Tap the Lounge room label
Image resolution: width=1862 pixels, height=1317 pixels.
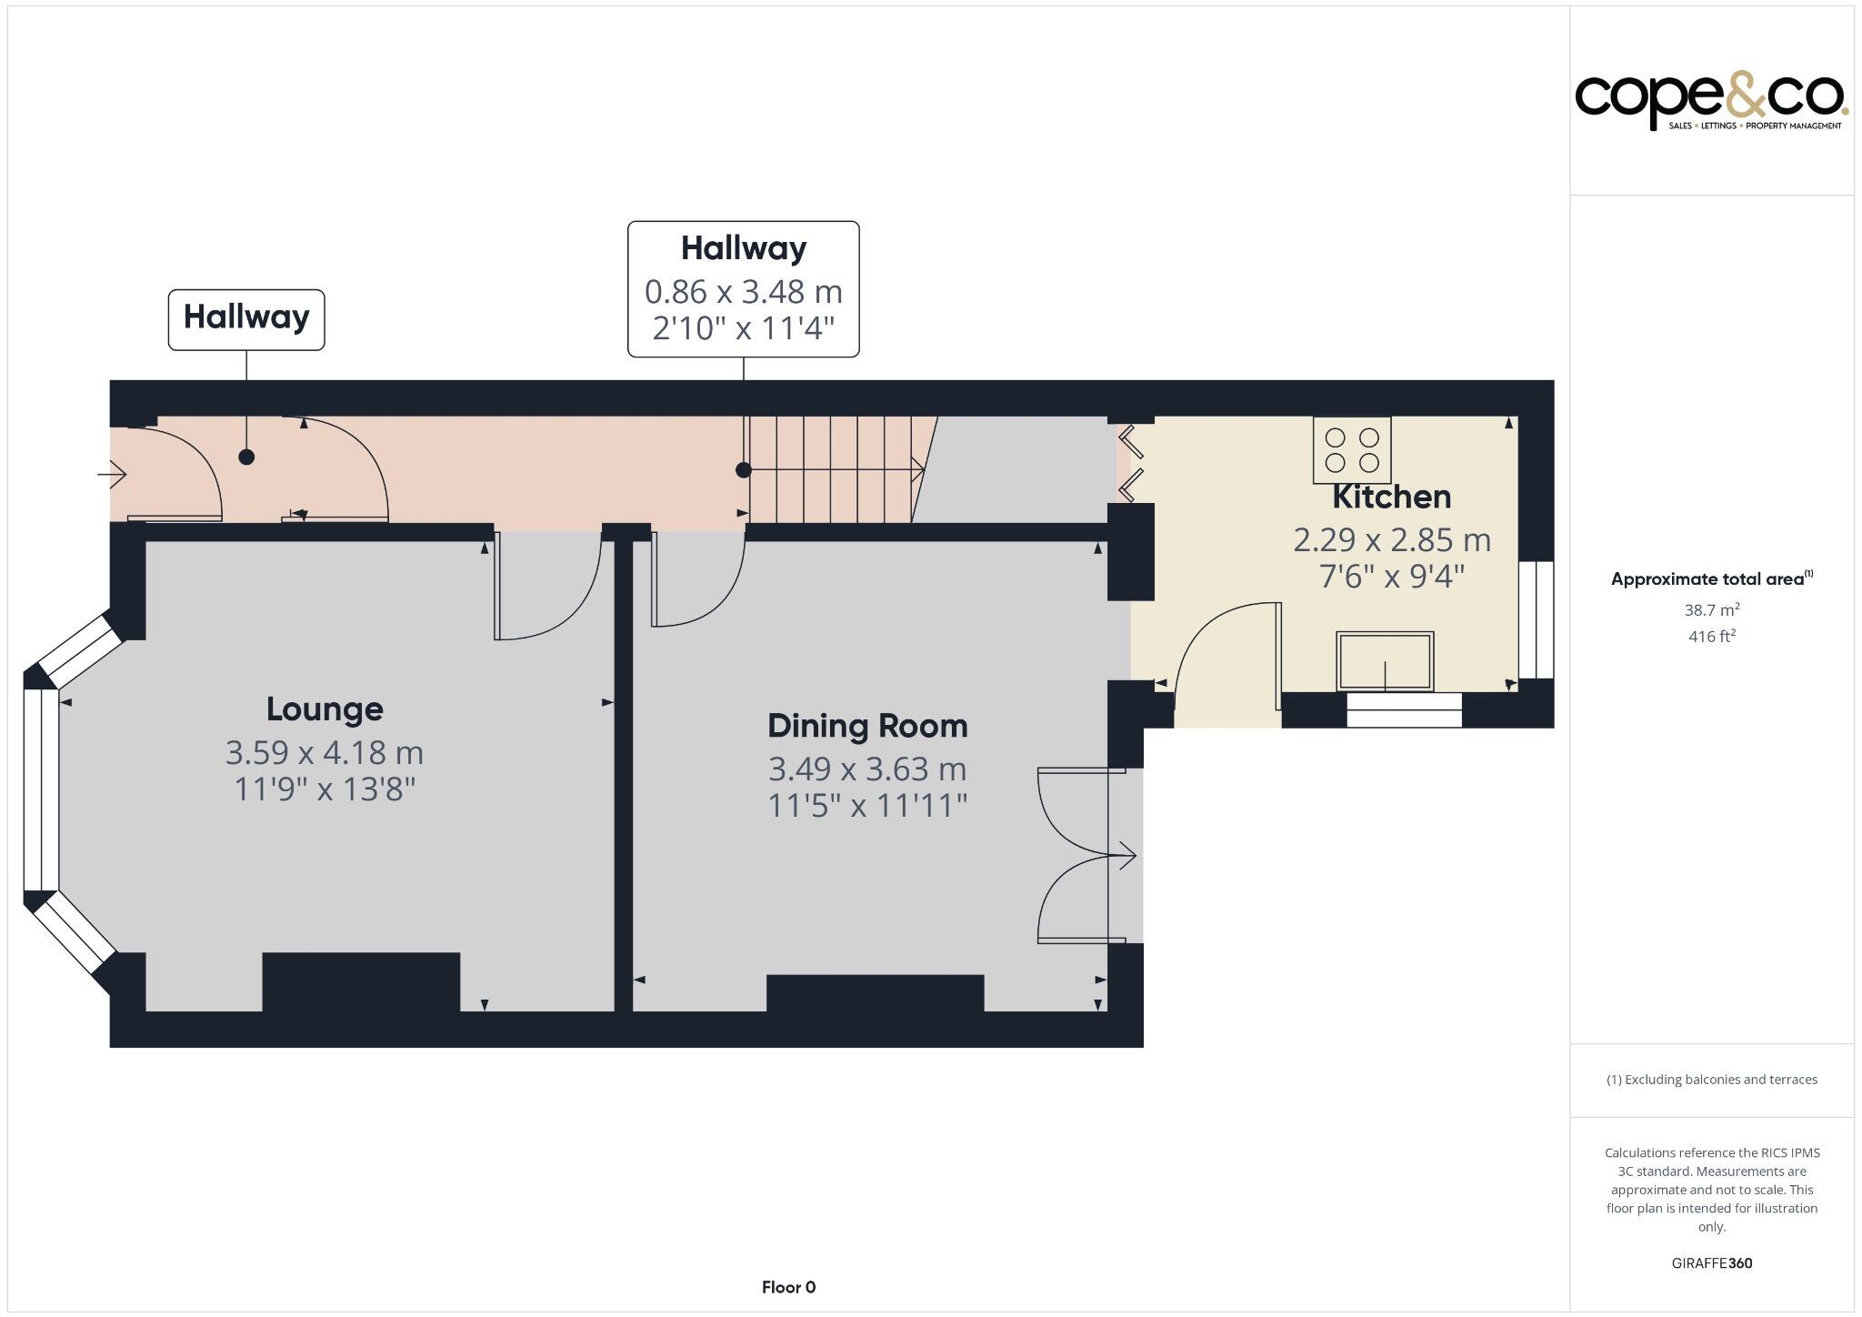tap(325, 709)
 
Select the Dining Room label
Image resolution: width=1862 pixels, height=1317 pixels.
tap(867, 726)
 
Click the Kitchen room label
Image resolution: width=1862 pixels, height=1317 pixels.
tap(1391, 498)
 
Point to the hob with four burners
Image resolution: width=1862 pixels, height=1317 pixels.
tap(1352, 449)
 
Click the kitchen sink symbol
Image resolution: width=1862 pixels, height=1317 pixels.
tap(1385, 661)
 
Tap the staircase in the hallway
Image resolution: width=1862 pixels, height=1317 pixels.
tap(832, 469)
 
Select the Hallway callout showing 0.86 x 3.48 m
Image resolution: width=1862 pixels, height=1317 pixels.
tap(743, 289)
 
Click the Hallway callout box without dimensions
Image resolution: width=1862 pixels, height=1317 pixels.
tap(246, 318)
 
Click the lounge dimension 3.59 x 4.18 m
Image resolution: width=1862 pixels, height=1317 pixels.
tap(325, 753)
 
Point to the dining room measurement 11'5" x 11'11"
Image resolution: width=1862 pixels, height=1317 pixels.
tap(867, 806)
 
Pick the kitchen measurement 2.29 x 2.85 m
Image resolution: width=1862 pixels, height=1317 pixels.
tap(1391, 540)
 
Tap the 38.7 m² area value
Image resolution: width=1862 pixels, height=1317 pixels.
tap(1711, 609)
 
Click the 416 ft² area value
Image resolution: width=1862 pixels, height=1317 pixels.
tap(1711, 636)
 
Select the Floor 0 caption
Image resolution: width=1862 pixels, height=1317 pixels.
tap(788, 1287)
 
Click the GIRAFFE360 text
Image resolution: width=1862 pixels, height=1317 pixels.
tap(1711, 1262)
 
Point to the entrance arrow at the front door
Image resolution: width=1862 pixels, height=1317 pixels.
tap(113, 474)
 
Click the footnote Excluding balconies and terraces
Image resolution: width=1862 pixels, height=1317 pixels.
tap(1711, 1080)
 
